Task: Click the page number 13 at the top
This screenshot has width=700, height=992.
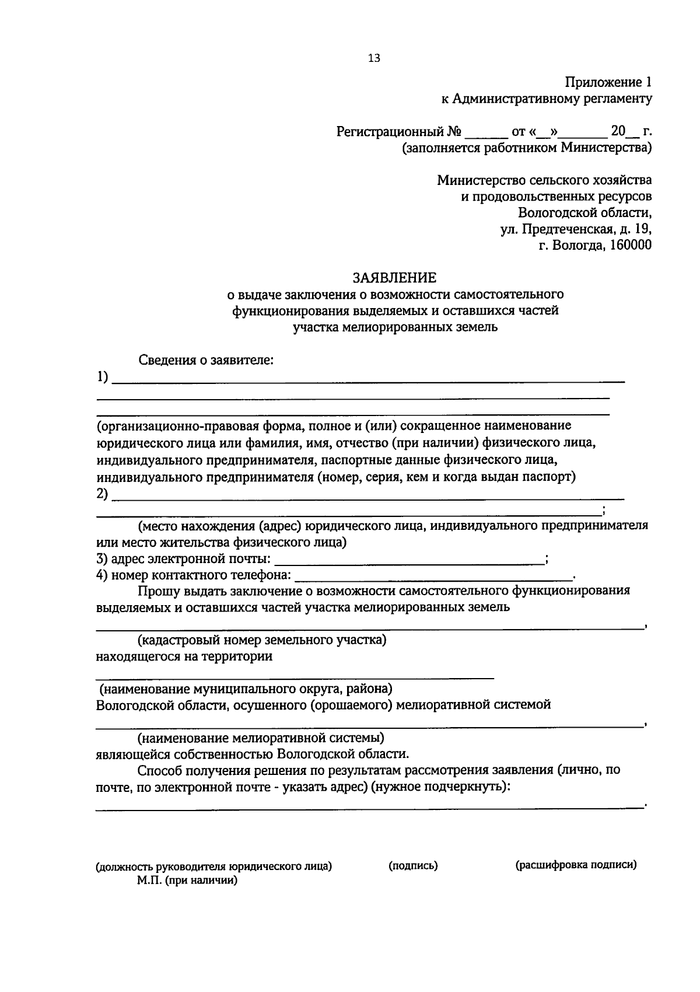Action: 374,58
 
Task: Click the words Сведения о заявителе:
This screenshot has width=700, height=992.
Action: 206,360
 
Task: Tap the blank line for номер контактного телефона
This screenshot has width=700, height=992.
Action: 434,578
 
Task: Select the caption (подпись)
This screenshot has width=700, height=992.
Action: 413,865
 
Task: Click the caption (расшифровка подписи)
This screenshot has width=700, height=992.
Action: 576,865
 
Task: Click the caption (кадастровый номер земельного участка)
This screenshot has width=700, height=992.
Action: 262,640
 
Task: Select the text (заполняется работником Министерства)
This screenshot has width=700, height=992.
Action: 526,148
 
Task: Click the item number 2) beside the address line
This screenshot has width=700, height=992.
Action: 103,494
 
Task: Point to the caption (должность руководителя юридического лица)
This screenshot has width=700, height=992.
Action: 214,866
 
